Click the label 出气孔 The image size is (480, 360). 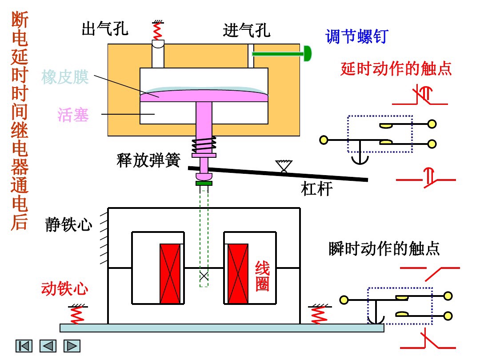pos(105,29)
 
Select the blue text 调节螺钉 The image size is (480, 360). pos(356,36)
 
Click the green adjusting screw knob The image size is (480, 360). pos(307,53)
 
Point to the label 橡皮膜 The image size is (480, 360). pos(65,77)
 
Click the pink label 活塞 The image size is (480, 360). pos(73,115)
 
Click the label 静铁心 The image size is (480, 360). pos(69,224)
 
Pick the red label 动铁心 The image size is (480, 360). pos(65,289)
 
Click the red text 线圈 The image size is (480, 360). pos(262,276)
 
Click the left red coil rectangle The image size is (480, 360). pos(171,273)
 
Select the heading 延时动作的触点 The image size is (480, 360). pos(396,69)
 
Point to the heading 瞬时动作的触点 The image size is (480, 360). pos(384,248)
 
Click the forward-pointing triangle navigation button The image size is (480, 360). pos(72,346)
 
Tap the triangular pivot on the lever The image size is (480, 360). pos(281,166)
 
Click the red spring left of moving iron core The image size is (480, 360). pos(77,315)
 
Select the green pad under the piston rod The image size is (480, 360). pos(204,183)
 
